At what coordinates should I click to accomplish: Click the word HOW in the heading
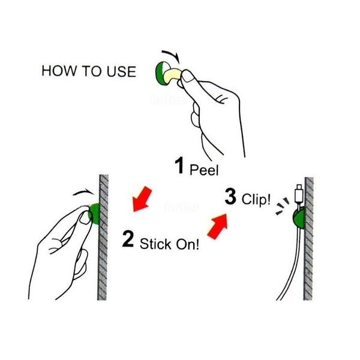pos(59,71)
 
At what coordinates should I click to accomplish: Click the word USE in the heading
pos(121,71)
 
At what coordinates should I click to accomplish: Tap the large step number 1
pos(179,166)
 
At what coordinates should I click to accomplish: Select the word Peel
pos(204,170)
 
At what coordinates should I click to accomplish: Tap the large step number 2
pos(128,239)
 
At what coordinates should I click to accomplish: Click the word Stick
pos(155,244)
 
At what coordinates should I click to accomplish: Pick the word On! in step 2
pos(187,244)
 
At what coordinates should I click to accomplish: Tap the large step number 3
pos(230,196)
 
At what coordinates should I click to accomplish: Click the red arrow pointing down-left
pos(142,199)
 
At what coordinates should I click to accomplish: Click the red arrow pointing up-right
pos(218,226)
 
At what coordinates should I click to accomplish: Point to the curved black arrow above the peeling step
pos(171,56)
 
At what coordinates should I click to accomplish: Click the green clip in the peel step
pos(161,73)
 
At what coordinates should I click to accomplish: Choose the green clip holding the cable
pos(299,218)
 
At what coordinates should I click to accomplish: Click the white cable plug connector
pos(299,194)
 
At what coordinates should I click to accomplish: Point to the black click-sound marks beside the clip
pos(282,206)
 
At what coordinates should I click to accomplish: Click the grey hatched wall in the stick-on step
pos(103,238)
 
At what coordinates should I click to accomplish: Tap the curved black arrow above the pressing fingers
pos(83,192)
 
